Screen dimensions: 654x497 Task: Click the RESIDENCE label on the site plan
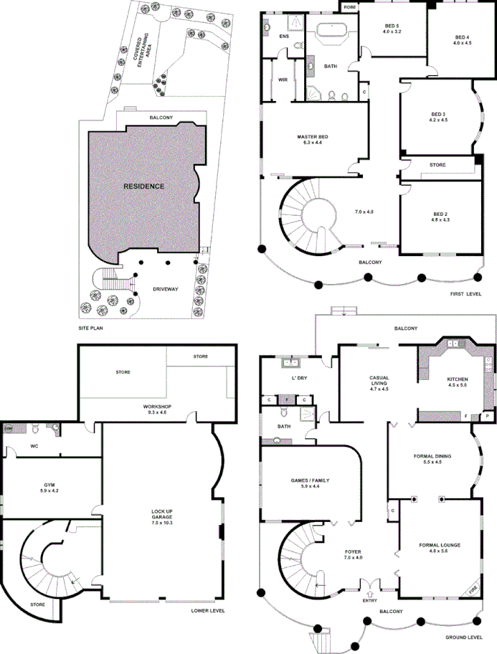click(143, 186)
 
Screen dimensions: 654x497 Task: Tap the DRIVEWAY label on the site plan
click(165, 289)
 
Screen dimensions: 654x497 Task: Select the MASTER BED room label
click(313, 137)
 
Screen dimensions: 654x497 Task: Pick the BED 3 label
click(438, 115)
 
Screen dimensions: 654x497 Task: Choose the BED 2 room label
click(440, 214)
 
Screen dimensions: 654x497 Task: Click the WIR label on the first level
click(283, 80)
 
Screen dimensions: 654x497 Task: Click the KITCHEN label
click(457, 379)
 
